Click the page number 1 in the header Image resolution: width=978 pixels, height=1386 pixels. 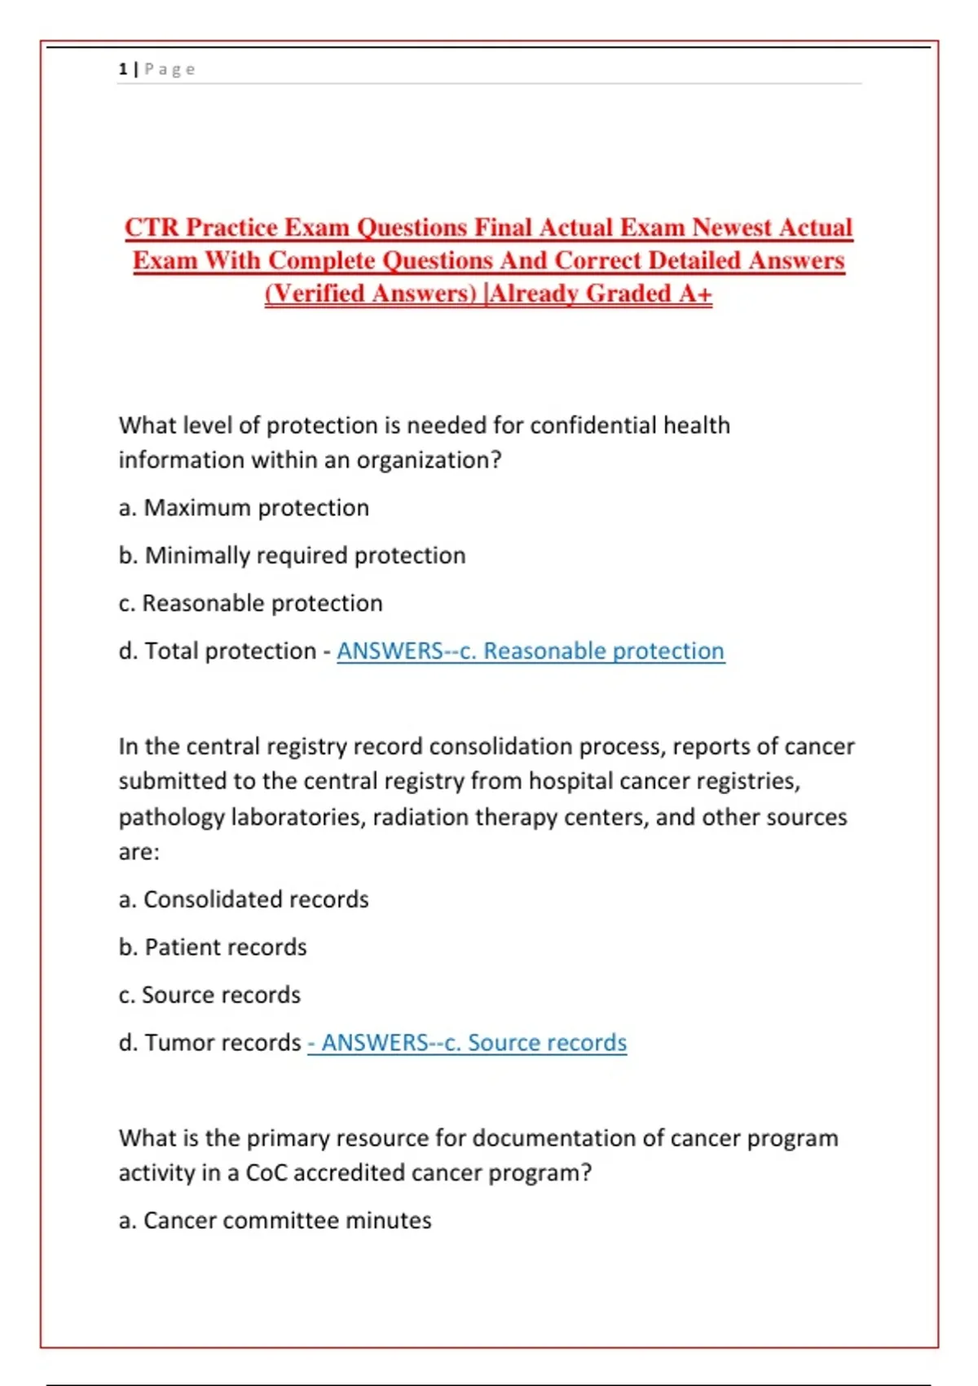122,69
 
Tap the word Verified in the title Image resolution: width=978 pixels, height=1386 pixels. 317,294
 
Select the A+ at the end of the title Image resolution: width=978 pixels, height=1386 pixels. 695,294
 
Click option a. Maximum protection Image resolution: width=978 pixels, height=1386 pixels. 244,508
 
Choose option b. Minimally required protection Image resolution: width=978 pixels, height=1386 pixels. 292,556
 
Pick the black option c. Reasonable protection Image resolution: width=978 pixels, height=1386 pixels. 250,603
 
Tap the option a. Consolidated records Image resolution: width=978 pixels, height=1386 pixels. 244,899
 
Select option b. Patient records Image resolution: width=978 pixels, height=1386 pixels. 213,947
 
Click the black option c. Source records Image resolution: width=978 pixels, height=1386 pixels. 209,995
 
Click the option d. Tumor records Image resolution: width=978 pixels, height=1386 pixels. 209,1043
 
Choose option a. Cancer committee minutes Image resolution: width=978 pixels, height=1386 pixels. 275,1220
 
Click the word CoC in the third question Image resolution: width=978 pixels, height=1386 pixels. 266,1173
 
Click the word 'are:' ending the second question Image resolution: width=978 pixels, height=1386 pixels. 139,853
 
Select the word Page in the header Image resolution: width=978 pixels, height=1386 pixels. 170,69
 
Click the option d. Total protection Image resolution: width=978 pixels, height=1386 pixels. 217,651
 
